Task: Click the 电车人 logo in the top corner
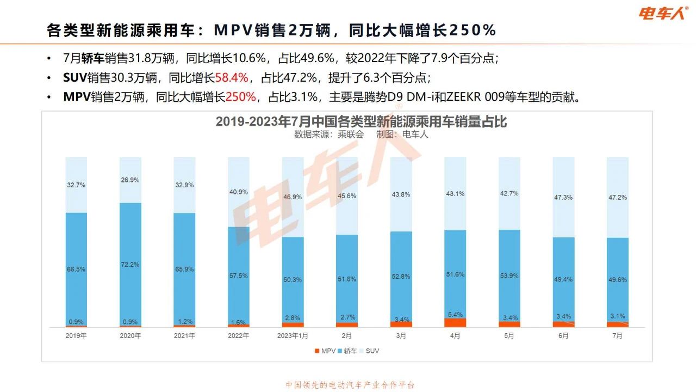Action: coord(663,13)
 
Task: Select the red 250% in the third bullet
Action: coord(240,97)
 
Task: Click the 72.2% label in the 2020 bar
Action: coord(130,265)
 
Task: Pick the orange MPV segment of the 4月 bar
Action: coord(455,323)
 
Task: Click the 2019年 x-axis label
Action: coord(76,336)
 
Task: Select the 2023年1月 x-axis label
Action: coord(293,336)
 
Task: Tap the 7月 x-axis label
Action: coord(617,336)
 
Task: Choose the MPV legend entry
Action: coord(325,351)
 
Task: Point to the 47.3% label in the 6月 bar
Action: coord(563,198)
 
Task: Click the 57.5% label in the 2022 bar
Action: coord(238,276)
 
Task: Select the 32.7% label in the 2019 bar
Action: coord(76,185)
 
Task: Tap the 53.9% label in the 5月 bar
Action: coord(509,276)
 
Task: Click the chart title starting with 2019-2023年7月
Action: coord(361,121)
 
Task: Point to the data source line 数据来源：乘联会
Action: coord(329,134)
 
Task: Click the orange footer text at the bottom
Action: coord(350,385)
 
